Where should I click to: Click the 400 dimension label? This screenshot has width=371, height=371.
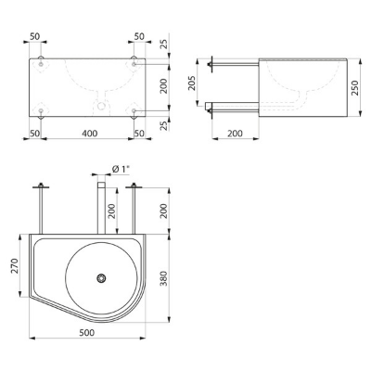90,134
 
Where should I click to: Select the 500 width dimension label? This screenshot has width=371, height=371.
87,333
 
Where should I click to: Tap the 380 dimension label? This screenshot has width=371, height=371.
164,278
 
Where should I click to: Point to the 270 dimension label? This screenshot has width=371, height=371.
15,265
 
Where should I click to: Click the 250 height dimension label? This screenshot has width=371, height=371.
355,88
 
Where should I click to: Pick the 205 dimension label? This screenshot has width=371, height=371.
192,83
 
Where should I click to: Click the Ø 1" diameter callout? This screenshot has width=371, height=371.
121,169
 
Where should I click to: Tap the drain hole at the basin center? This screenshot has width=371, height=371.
101,278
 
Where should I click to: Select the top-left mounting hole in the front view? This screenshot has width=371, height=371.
41,64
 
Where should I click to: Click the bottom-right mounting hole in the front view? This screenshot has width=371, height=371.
134,110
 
